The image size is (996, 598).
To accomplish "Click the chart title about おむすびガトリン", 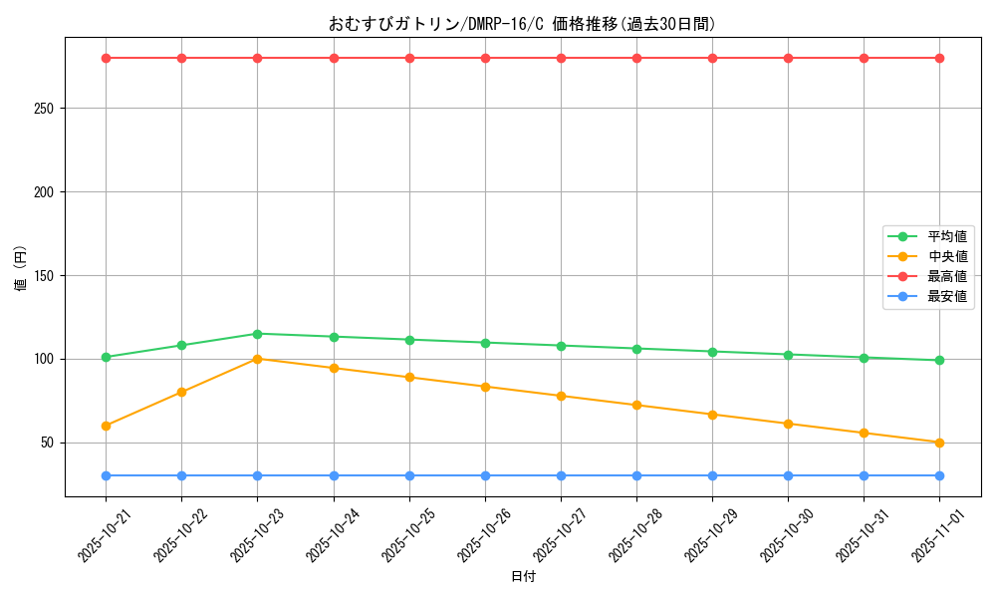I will coord(522,24).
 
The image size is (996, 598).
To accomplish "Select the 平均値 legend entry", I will coord(946,236).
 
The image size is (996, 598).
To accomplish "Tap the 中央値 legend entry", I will coord(946,256).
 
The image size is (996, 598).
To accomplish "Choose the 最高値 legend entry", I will coord(946,276).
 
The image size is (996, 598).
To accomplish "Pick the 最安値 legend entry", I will coord(946,296).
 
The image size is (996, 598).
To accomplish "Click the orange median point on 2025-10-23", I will coord(257,359).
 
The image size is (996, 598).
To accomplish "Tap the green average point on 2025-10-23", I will coord(257,334).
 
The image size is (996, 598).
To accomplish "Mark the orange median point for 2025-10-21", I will coord(106,426).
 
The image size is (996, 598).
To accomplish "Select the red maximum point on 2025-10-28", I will coord(636,58).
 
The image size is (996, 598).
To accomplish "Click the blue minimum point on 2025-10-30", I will coord(788,475).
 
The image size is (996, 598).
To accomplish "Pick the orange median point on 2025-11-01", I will coord(939,443).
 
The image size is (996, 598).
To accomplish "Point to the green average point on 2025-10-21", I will coord(106,357).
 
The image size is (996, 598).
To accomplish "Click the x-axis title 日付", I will coord(523,577).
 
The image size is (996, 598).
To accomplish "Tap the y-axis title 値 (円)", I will coord(21,269).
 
